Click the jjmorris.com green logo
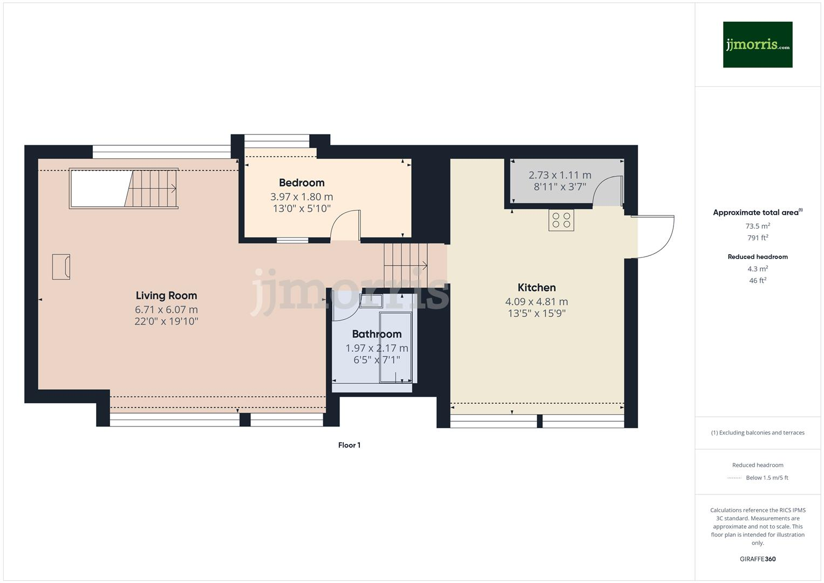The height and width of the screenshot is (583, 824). (757, 45)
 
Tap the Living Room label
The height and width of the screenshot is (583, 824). (166, 295)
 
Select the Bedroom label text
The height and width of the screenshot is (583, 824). (302, 182)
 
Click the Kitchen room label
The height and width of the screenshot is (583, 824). (536, 288)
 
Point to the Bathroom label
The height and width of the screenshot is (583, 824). (377, 334)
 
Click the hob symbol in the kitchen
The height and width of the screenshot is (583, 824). (561, 220)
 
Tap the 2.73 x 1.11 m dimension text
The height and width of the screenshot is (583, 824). (560, 175)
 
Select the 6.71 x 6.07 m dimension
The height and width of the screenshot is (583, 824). (166, 310)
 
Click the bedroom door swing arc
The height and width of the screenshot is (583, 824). (344, 224)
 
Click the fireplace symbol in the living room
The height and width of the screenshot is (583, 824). (61, 267)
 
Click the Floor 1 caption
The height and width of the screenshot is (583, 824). (349, 445)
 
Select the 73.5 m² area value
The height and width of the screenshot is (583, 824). (758, 226)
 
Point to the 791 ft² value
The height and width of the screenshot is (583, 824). (758, 238)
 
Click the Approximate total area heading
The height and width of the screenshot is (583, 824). (757, 213)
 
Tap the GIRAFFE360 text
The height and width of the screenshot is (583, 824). (758, 559)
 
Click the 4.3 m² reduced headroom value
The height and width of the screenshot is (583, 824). (758, 269)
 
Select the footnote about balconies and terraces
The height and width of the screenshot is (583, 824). (758, 432)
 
